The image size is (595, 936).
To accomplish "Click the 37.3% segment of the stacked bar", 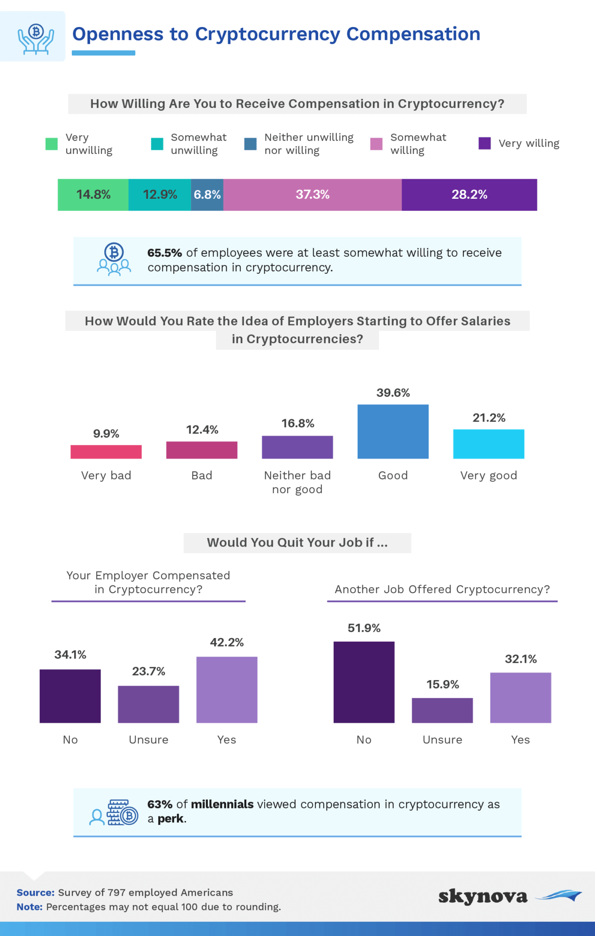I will (313, 195).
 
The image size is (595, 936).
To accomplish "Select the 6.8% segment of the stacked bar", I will (207, 195).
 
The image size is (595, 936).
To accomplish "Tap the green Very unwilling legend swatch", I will (52, 144).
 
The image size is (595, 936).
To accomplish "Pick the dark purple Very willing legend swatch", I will (484, 144).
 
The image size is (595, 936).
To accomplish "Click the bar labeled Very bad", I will (106, 452).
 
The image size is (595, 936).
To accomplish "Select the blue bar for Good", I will (393, 431).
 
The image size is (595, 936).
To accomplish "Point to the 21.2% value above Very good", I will (489, 418).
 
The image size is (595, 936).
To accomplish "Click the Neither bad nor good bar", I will (297, 447).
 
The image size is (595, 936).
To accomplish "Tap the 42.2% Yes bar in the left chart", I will (227, 690).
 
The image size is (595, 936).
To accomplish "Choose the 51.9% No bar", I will (364, 682).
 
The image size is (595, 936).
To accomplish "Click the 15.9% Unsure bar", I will (442, 710).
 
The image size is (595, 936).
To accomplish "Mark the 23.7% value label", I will (149, 671).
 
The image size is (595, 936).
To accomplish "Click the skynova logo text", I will (483, 897).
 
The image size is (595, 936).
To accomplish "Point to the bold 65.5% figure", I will (165, 253).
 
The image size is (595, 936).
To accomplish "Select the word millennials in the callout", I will (222, 804).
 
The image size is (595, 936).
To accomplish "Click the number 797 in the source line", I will (115, 893).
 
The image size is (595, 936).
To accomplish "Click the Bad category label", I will (202, 475).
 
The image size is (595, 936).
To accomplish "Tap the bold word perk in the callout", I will (171, 819).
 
